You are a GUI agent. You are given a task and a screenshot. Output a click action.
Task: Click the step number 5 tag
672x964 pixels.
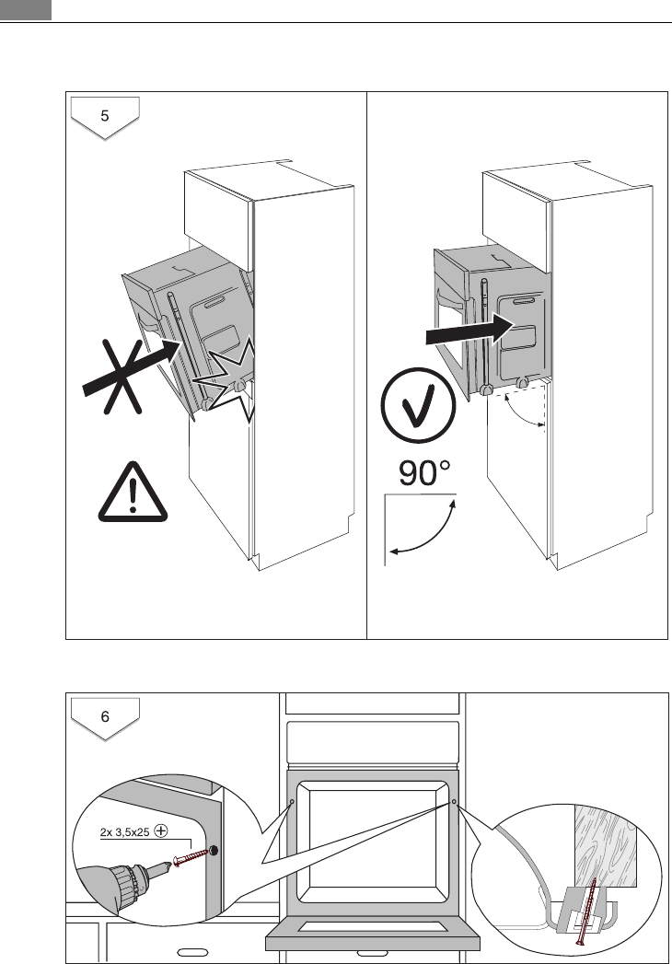coord(105,116)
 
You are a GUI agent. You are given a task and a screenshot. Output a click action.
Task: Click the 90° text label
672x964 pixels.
coord(424,474)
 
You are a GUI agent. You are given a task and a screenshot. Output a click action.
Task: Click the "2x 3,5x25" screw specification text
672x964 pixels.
coord(123,830)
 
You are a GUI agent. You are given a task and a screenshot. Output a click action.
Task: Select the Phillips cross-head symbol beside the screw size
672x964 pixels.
coord(162,830)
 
